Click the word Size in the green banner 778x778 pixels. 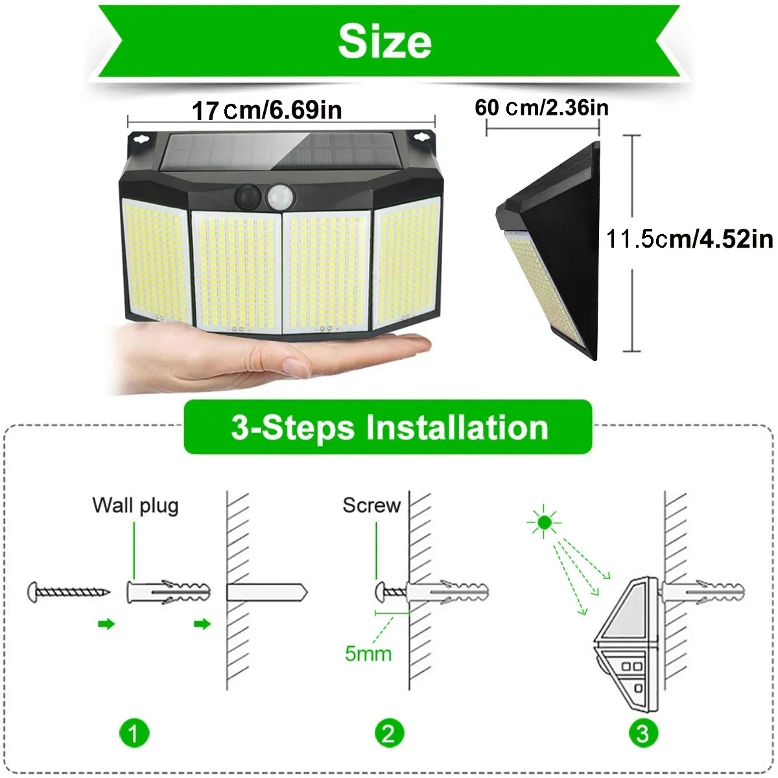coord(384,41)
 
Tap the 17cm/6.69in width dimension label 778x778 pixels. coord(267,110)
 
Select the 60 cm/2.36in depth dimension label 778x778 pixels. coord(541,108)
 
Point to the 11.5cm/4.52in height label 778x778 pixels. coord(690,239)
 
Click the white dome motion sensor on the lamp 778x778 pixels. coord(280,198)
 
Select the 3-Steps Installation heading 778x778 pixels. coord(389,427)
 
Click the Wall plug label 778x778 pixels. coord(136,506)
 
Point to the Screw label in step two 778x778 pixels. coord(371,505)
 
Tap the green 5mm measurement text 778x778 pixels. coord(368,654)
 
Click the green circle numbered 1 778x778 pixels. coord(134,733)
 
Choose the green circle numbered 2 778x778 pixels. coord(389,733)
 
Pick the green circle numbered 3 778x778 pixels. coord(643,733)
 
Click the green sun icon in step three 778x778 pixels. coord(544,523)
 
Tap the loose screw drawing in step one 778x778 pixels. coord(69,593)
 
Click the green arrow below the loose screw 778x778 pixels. coord(106,624)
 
